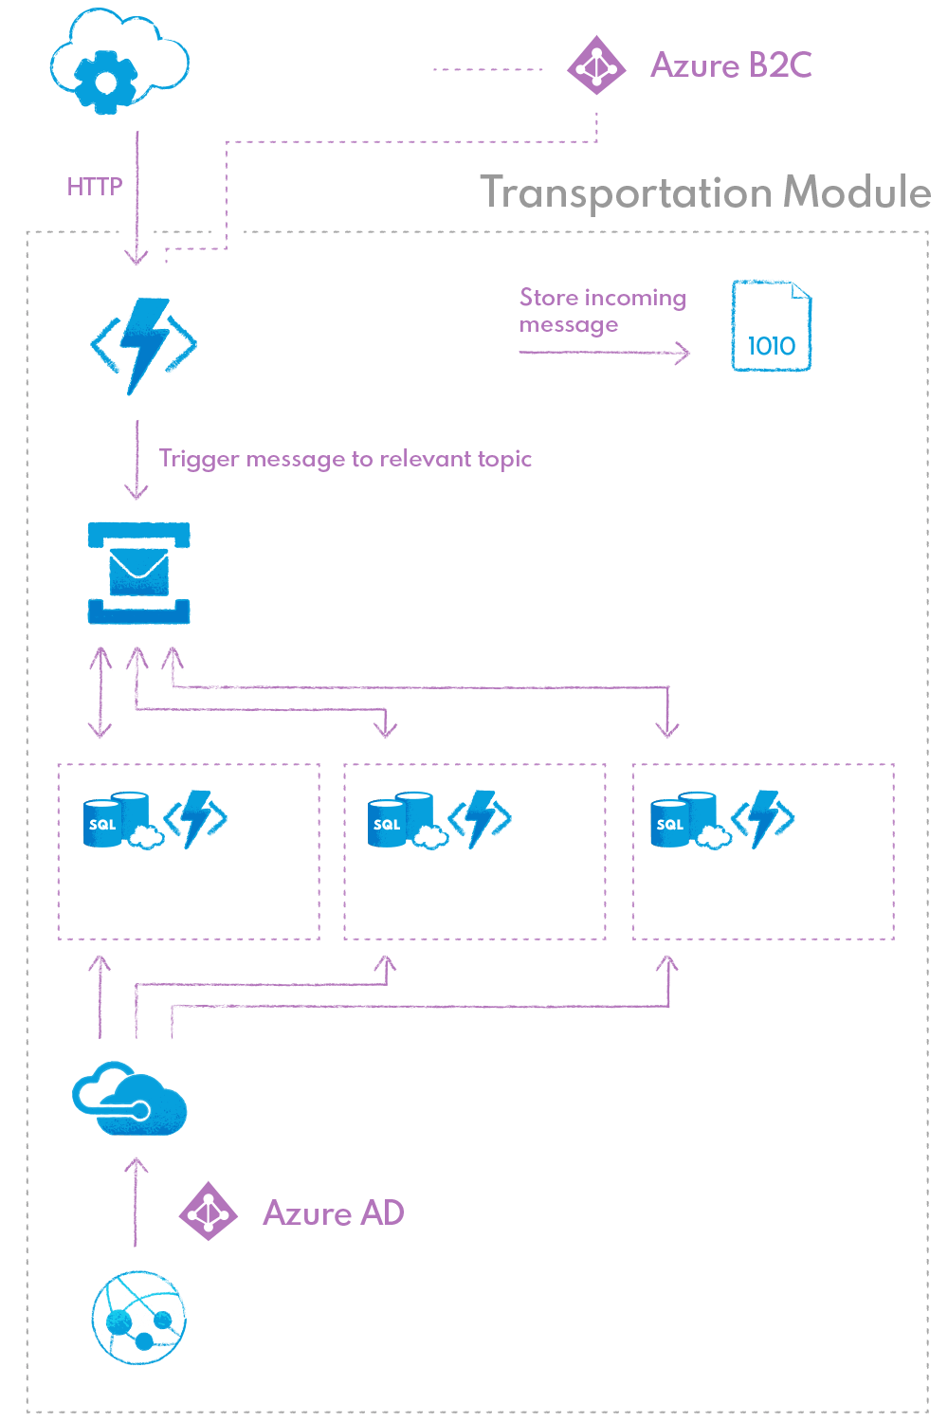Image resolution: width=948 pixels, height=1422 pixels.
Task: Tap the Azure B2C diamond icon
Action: [596, 65]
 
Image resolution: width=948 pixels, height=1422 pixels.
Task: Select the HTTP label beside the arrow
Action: [95, 187]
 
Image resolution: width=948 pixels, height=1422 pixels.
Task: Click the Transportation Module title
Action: [705, 192]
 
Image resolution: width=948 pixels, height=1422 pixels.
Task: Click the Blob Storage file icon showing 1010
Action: [772, 326]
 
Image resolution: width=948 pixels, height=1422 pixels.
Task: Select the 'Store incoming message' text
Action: [602, 311]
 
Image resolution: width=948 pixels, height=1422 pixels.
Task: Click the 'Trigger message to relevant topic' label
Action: [345, 460]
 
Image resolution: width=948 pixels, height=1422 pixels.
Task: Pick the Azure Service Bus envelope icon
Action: [138, 574]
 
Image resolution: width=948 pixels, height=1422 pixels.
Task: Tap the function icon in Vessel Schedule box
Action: [762, 818]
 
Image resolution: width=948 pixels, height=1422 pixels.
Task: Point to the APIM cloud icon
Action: [130, 1099]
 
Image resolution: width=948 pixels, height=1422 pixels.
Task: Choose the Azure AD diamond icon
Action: [209, 1212]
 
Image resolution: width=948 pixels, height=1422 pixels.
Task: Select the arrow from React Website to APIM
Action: [137, 1202]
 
